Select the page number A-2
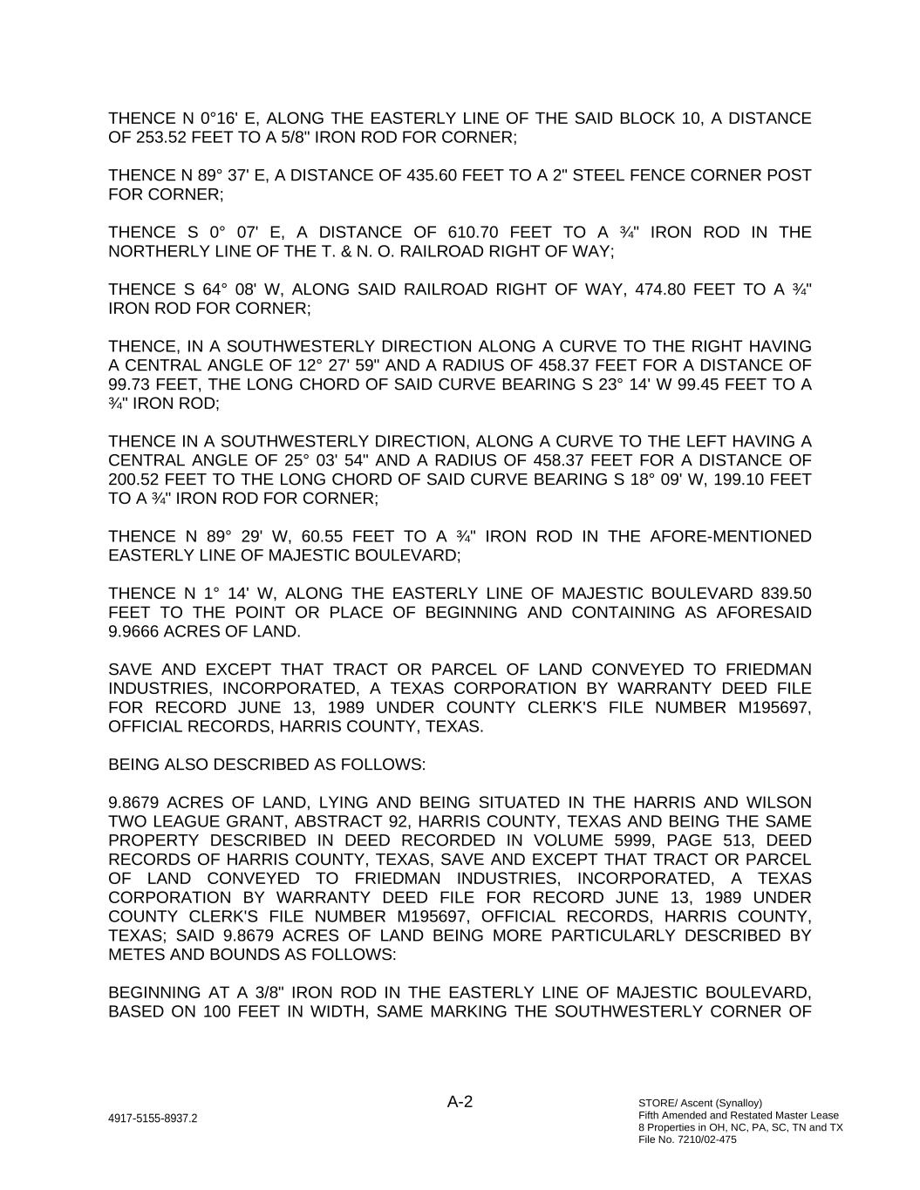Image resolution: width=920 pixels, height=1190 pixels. coord(460,1102)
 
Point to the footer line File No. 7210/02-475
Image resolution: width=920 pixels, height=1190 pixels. coord(687,1139)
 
